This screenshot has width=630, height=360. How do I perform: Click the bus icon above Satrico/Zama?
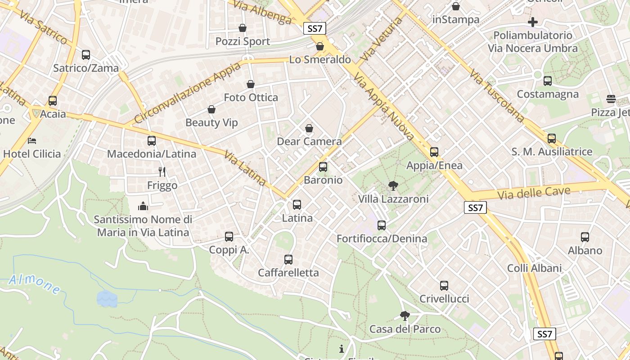coord(85,55)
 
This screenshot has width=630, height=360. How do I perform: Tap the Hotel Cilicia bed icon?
coord(31,140)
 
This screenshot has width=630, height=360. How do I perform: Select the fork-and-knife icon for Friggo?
coord(162,171)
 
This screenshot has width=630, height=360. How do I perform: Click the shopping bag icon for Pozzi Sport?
coord(243,28)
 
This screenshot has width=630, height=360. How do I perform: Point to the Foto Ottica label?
coord(251,97)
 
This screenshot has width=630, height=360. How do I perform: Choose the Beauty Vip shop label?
coord(211,122)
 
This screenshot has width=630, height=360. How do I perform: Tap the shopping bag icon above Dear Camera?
coord(309,128)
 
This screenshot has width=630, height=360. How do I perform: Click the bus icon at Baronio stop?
coord(323,167)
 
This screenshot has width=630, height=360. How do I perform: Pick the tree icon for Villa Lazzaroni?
coord(393,185)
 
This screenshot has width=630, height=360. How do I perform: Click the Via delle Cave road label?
coord(534,193)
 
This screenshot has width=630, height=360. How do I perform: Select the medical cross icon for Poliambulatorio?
coord(533,22)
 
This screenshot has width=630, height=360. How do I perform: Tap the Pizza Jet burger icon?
coord(611,99)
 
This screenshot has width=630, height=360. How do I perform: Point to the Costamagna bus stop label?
coord(547,94)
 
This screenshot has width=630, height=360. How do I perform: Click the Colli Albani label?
coord(534,268)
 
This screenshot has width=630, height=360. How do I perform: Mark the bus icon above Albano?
coord(585,237)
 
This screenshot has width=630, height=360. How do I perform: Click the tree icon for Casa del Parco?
coord(405,315)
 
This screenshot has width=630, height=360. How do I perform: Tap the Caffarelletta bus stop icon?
coord(288,260)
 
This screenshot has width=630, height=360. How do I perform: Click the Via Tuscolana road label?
coord(496,95)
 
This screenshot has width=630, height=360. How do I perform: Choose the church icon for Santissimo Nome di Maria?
coord(143,206)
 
